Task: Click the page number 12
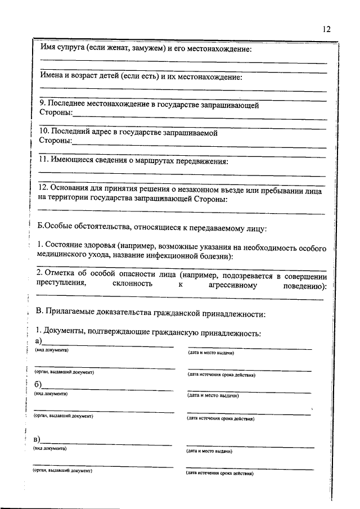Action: [327, 30]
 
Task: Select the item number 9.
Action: [42, 104]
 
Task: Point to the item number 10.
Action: [44, 132]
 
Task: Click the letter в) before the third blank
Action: [38, 439]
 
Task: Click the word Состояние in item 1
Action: [65, 247]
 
